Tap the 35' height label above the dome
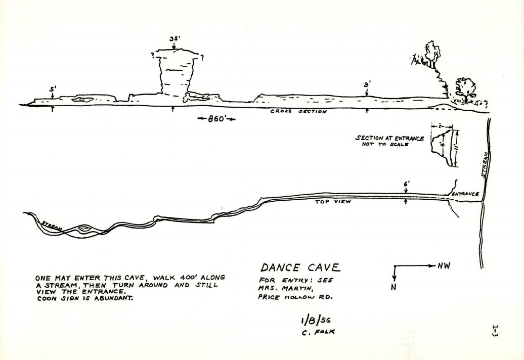click(x=174, y=39)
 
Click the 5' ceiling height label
click(x=52, y=89)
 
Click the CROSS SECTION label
click(x=298, y=112)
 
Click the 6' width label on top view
click(x=406, y=185)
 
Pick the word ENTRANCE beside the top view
click(x=464, y=194)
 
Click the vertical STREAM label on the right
click(x=484, y=164)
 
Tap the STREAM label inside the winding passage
click(x=52, y=226)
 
